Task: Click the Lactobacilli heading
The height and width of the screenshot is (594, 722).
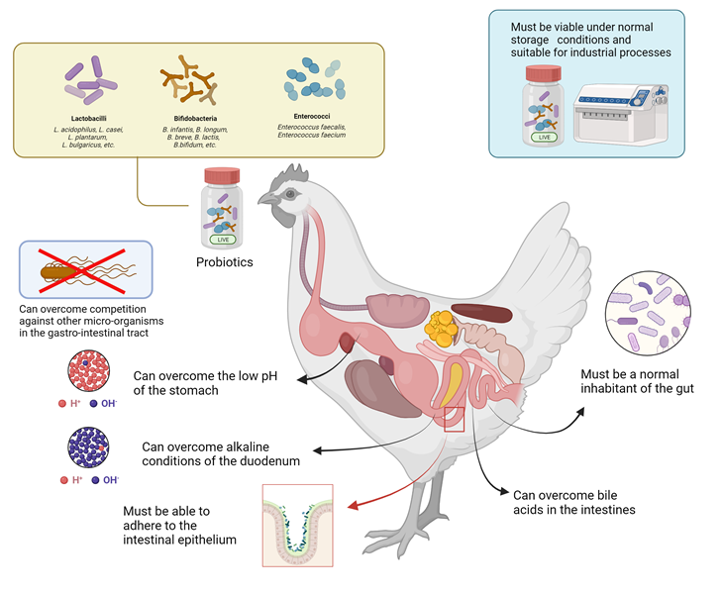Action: (82, 118)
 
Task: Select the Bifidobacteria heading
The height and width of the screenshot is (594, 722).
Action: (195, 118)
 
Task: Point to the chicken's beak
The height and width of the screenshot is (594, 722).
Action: (265, 198)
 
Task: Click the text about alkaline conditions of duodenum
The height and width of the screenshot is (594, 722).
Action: (220, 453)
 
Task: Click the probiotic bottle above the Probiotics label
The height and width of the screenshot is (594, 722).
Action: (223, 206)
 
